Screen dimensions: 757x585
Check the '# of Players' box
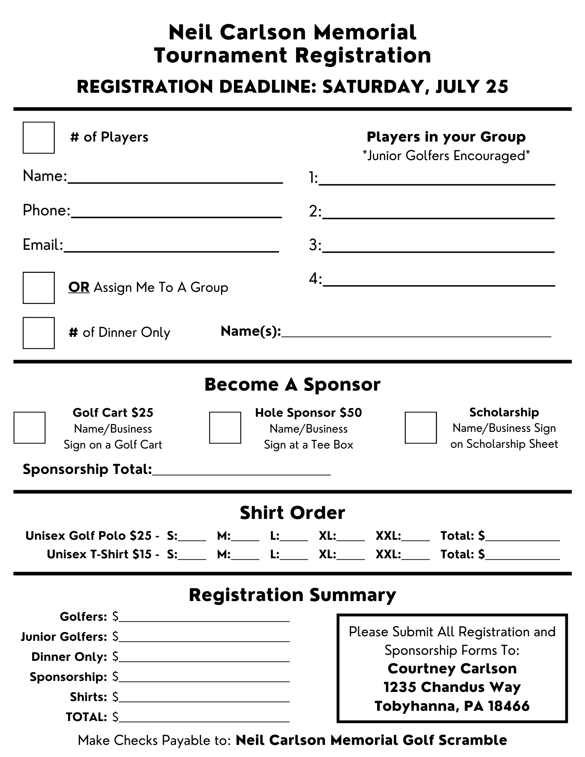pos(39,137)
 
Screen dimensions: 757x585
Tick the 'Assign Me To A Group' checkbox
pos(39,288)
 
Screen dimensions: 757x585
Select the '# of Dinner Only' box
pos(39,333)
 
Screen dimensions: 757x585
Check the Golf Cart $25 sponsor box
pos(30,427)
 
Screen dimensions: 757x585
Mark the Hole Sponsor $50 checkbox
pos(225,427)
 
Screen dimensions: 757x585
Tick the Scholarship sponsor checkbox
pos(420,427)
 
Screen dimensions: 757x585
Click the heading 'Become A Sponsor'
pos(292,385)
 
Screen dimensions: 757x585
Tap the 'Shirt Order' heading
pos(292,513)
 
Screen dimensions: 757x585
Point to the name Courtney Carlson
pos(452,668)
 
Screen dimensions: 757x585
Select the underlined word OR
pos(79,288)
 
